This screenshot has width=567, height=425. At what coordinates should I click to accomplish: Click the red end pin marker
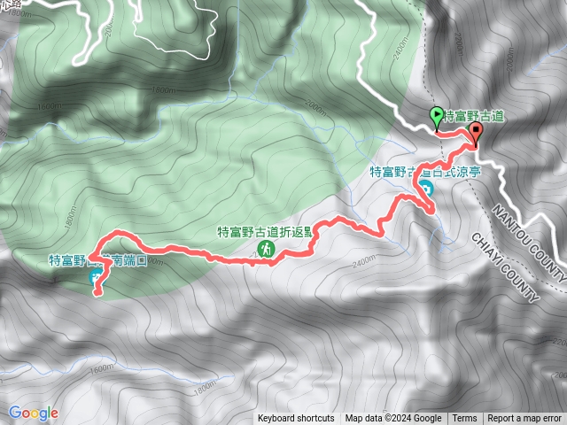(476, 133)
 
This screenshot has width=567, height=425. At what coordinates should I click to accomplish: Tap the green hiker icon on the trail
(265, 252)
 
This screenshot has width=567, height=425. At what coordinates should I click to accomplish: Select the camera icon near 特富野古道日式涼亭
(426, 189)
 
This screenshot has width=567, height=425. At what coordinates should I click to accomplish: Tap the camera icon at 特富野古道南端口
(96, 278)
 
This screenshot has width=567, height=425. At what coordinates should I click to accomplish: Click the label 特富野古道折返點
(265, 233)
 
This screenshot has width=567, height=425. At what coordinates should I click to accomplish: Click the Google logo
(33, 413)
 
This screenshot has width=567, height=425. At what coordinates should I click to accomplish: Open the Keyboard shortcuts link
(296, 419)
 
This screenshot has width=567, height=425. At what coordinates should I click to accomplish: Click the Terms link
(464, 419)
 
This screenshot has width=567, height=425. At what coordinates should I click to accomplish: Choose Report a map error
(525, 419)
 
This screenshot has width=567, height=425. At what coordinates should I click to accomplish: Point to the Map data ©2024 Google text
(393, 419)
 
